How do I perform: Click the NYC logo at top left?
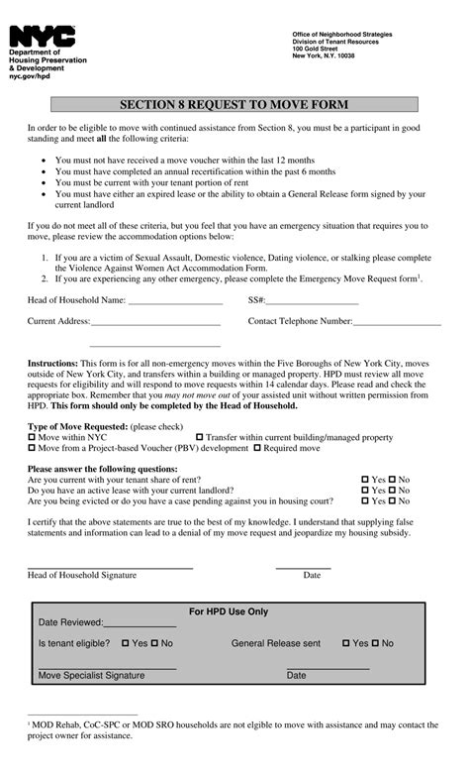click(x=42, y=37)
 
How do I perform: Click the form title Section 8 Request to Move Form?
click(x=234, y=104)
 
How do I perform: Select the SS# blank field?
click(x=312, y=301)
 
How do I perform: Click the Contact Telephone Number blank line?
click(x=397, y=323)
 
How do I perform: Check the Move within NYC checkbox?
click(x=32, y=437)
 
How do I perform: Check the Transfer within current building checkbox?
click(x=200, y=437)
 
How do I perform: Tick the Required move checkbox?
click(x=257, y=449)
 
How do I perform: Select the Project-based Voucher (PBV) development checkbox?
click(x=32, y=449)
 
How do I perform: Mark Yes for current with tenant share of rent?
click(x=365, y=480)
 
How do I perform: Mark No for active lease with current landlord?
click(x=392, y=491)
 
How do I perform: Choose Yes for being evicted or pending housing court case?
click(x=365, y=501)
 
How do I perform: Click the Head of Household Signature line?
click(x=109, y=568)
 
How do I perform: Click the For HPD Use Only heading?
click(x=229, y=611)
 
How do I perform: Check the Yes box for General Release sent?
click(x=346, y=644)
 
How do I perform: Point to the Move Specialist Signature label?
click(x=91, y=676)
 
